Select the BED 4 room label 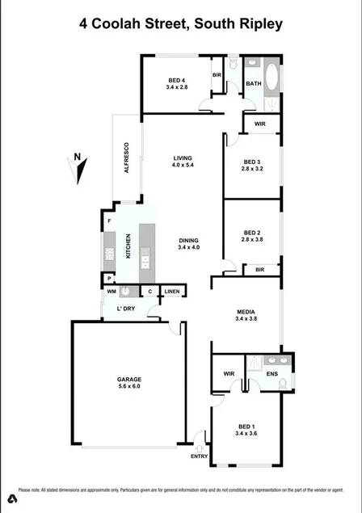pos(177,79)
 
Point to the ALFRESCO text pos(126,159)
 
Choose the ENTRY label pos(199,456)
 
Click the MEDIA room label pos(246,312)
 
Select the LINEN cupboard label pos(172,292)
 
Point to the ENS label pos(272,374)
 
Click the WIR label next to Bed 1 pos(229,374)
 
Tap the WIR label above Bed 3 pos(259,124)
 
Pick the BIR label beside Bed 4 pos(217,75)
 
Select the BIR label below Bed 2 pos(259,270)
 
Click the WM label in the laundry pos(112,292)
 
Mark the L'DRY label pos(125,309)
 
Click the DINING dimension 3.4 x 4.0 pos(188,248)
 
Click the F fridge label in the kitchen pos(108,221)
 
